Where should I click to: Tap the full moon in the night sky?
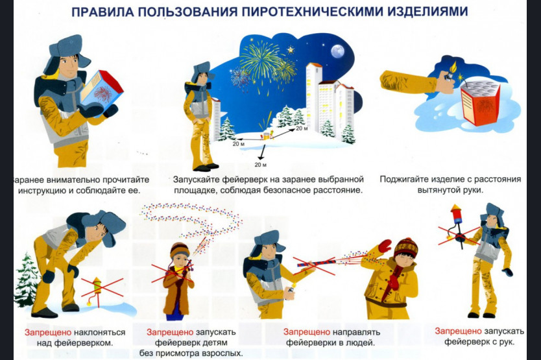(x=337, y=51)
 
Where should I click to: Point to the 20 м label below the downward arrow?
(x=261, y=165)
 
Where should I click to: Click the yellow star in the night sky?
(x=291, y=50)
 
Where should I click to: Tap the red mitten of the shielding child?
(x=385, y=246)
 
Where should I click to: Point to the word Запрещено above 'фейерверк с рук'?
(x=458, y=331)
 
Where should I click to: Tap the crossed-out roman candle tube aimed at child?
(x=315, y=265)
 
